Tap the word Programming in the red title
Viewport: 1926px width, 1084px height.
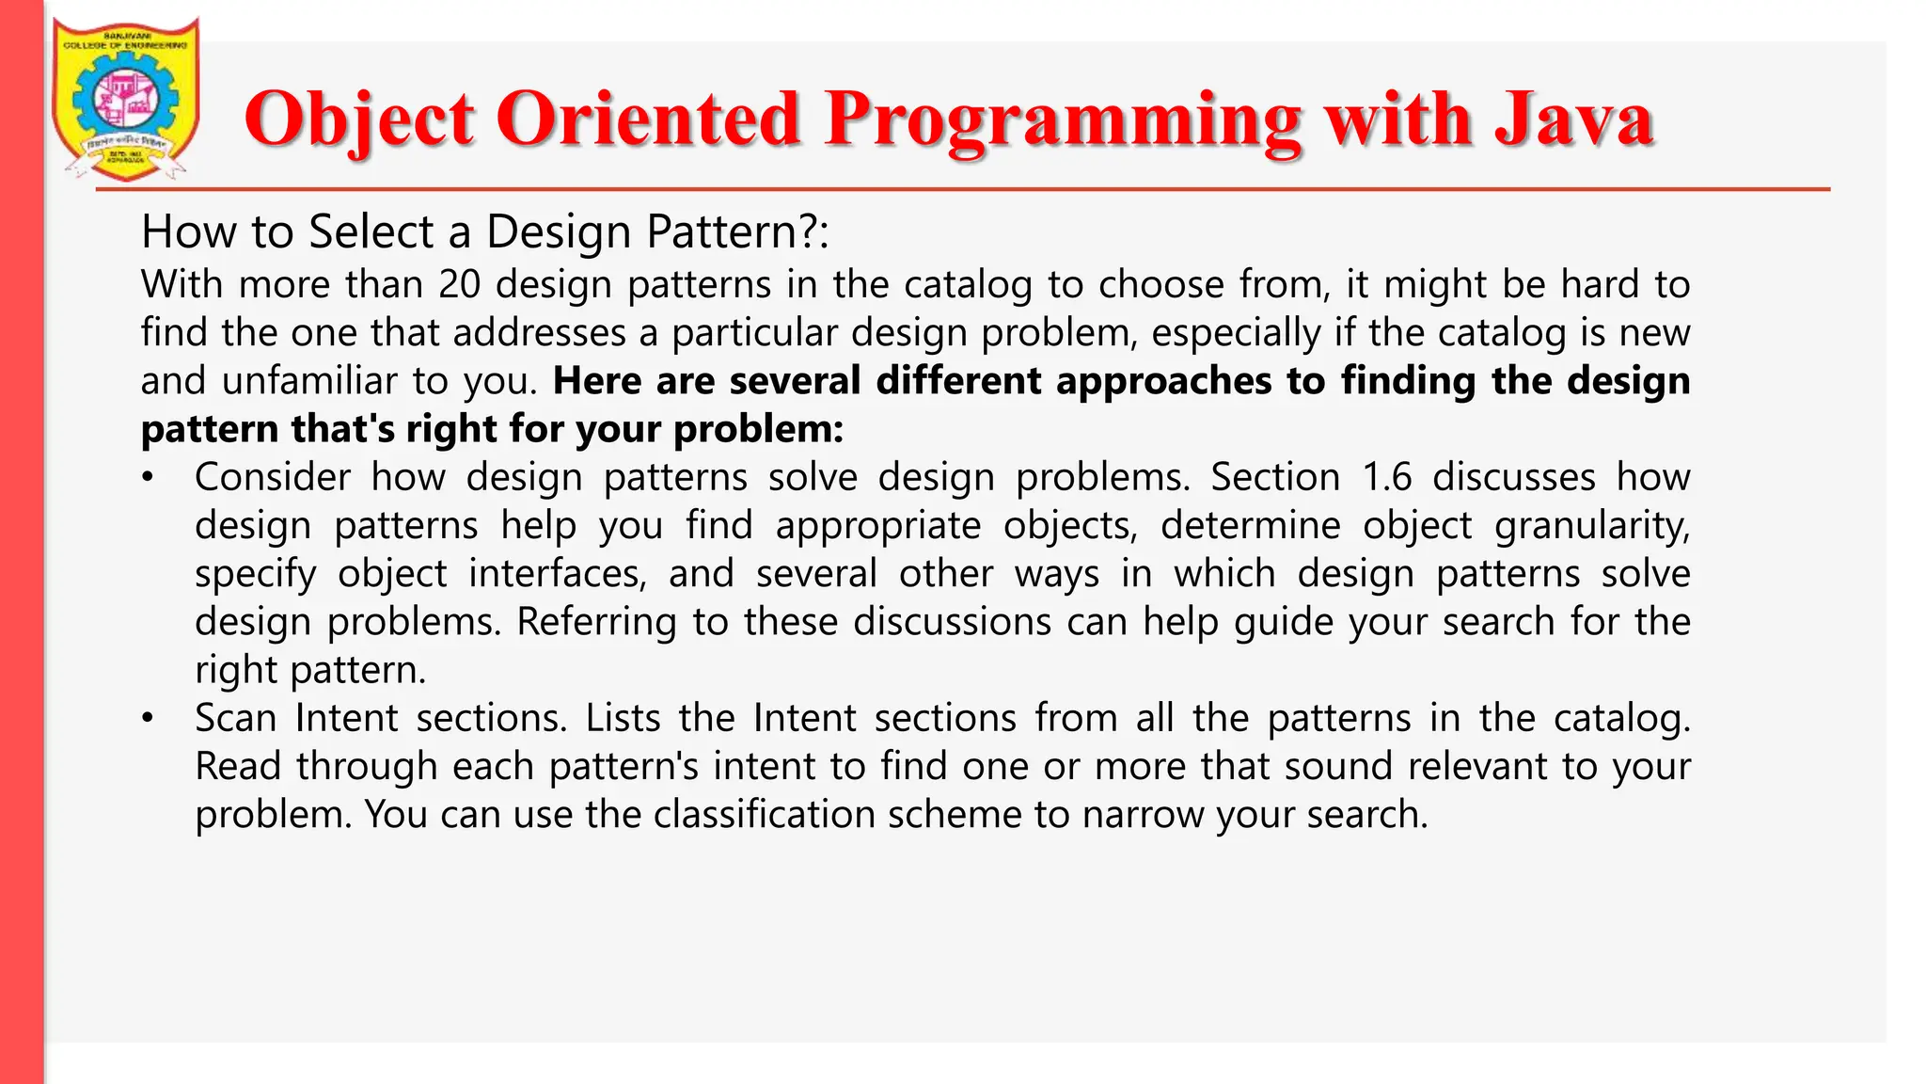1064,120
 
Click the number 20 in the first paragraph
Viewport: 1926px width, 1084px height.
459,284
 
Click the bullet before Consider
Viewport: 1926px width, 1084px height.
147,478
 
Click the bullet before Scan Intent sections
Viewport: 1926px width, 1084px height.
147,719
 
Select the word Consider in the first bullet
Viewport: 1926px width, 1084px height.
272,477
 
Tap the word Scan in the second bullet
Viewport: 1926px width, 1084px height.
235,718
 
